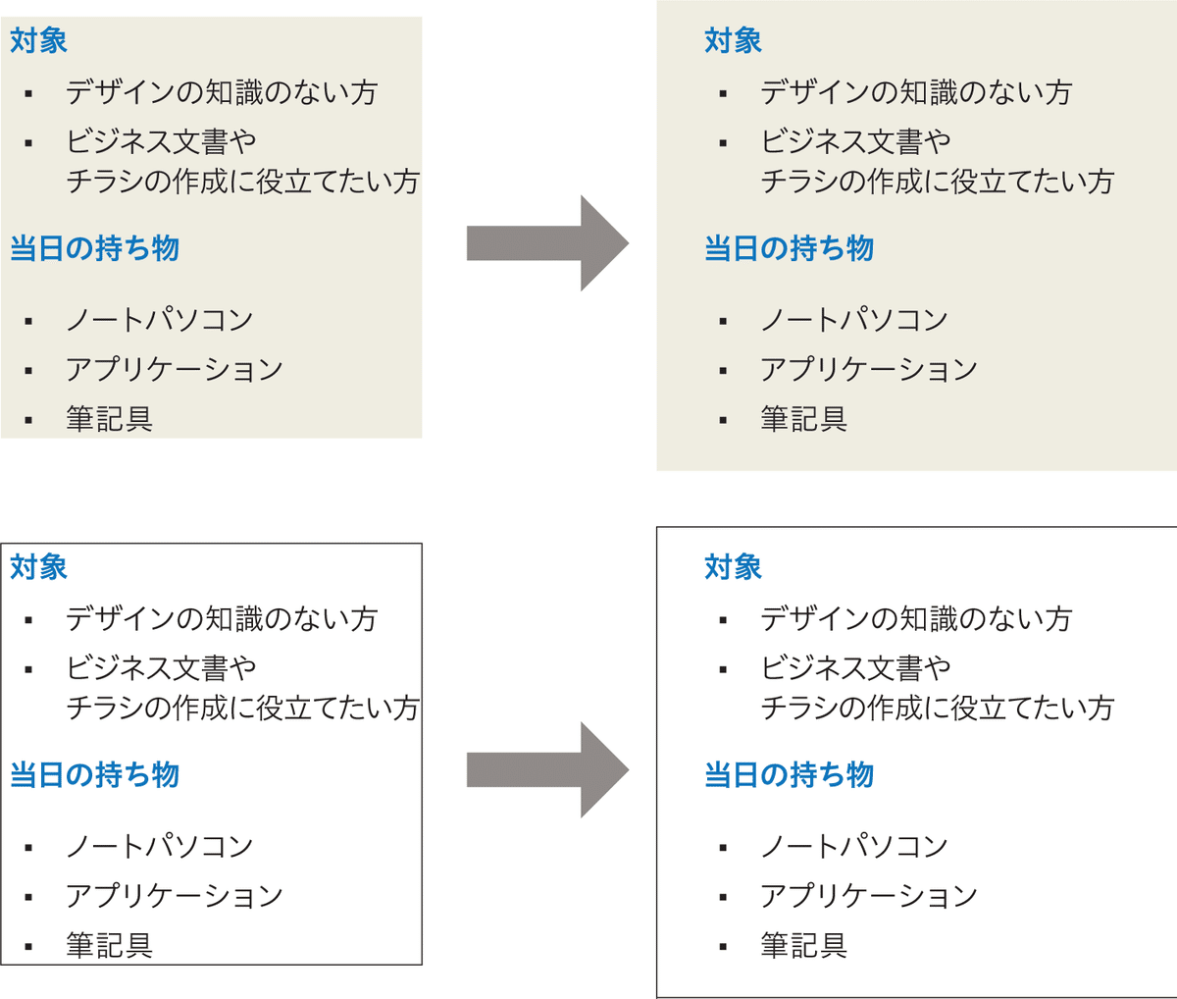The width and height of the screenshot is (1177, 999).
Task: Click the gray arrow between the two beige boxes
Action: click(x=547, y=243)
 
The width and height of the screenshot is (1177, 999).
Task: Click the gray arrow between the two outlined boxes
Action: click(x=547, y=770)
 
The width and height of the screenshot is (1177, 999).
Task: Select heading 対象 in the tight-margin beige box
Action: click(x=38, y=40)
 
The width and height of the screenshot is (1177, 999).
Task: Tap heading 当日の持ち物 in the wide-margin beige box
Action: click(x=790, y=248)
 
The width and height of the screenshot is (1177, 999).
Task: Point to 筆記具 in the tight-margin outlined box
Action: click(x=109, y=945)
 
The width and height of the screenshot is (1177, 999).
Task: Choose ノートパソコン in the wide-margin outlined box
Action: click(x=854, y=846)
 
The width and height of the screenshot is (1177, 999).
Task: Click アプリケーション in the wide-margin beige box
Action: click(x=869, y=369)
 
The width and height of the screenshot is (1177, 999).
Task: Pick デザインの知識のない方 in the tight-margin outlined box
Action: click(x=222, y=619)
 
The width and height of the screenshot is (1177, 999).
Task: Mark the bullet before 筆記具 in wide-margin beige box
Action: click(x=723, y=421)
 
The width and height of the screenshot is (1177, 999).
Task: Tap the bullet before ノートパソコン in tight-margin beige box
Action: click(x=28, y=322)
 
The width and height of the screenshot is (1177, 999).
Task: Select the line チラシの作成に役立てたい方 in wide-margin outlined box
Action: click(x=938, y=708)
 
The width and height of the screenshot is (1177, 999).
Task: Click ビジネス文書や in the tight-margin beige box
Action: click(x=161, y=141)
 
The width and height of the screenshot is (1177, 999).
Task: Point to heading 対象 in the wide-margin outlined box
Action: click(x=734, y=567)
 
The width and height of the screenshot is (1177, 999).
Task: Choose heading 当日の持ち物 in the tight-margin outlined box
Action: click(x=94, y=775)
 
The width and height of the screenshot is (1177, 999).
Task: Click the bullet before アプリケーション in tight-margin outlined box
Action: click(x=28, y=898)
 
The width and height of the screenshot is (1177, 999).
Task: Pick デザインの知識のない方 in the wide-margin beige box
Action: click(x=916, y=92)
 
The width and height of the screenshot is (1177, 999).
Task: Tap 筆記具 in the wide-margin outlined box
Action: click(x=803, y=945)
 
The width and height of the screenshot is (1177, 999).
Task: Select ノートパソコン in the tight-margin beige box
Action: click(x=160, y=320)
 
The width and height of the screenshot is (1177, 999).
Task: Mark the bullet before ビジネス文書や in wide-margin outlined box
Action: click(x=723, y=669)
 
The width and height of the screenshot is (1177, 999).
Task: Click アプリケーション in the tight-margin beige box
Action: click(x=175, y=369)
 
